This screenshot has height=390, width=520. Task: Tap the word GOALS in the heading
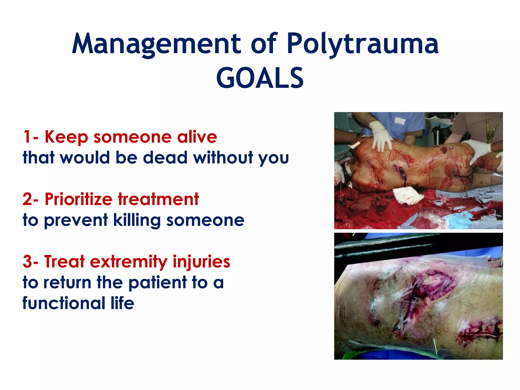pos(260,78)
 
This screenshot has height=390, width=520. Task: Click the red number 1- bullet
pos(30,137)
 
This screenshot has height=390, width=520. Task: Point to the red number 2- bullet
pos(30,199)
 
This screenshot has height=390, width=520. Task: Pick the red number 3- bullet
pos(30,262)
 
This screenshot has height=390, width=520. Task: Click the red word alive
pos(197,137)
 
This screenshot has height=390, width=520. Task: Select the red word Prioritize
pos(78,199)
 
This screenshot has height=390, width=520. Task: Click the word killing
pos(137,220)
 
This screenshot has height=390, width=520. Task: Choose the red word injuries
pos(201,262)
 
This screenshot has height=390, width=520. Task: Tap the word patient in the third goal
pos(157,282)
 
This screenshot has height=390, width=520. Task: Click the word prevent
pos(76,220)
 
